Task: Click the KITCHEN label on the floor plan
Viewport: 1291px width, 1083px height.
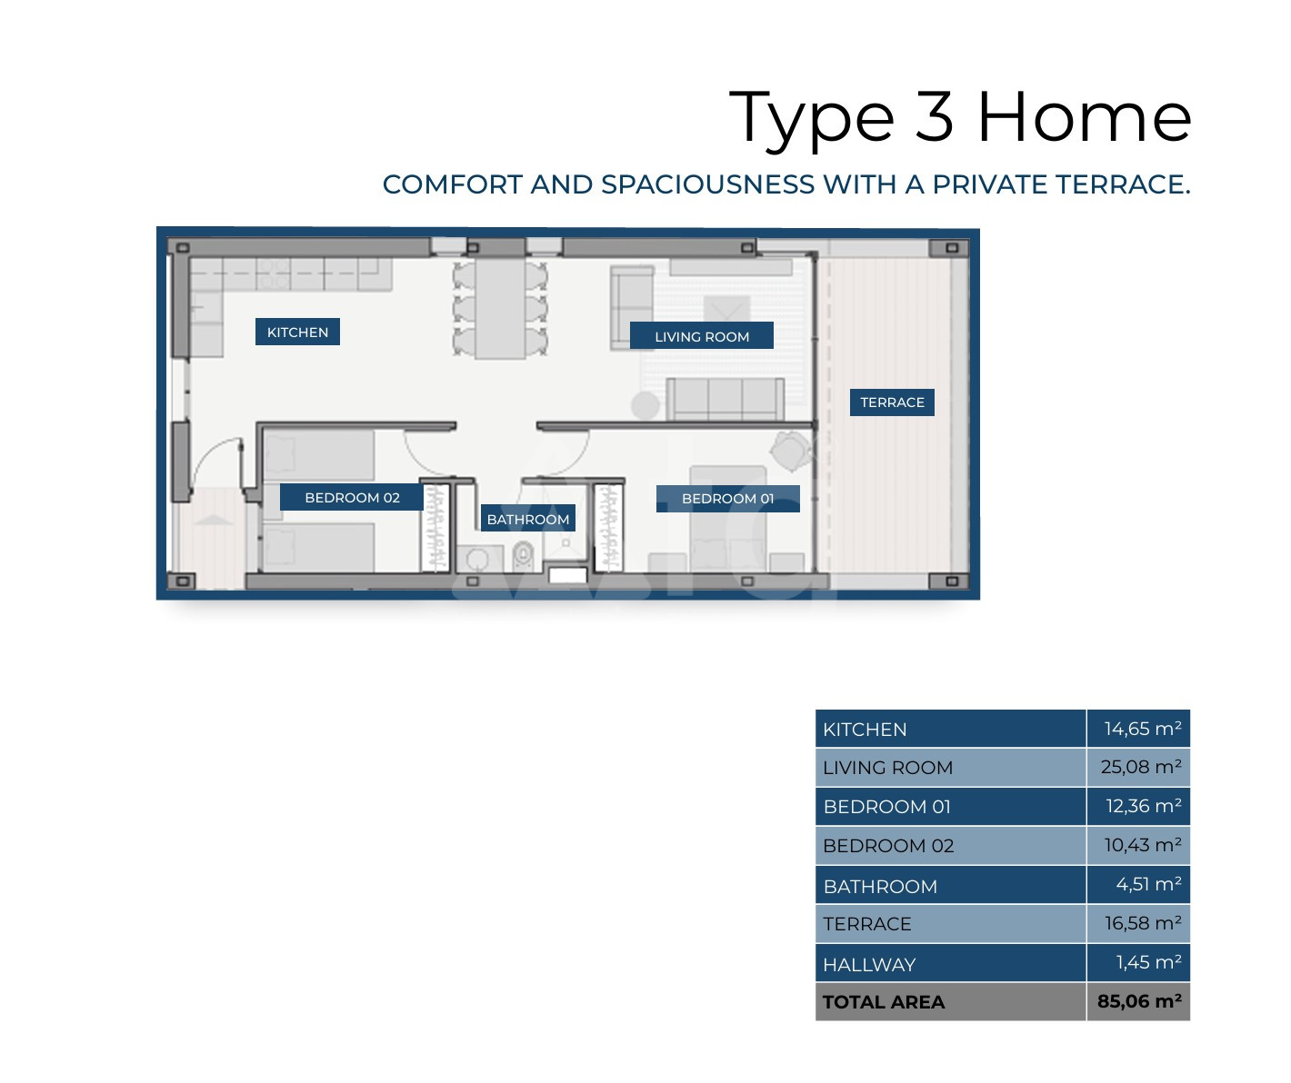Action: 297,332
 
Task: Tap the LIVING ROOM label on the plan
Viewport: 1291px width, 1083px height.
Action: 702,336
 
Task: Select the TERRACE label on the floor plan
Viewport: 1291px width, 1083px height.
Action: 892,402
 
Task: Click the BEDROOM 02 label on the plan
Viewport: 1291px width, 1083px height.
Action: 352,497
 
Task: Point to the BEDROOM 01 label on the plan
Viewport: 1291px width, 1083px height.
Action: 727,499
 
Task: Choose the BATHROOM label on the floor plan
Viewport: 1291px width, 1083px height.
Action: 528,519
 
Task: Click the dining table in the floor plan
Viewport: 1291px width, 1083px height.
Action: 500,309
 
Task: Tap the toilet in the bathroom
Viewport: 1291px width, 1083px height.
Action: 523,556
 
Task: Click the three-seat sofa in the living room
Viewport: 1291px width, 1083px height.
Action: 725,400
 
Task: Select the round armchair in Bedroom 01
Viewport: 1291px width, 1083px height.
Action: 790,451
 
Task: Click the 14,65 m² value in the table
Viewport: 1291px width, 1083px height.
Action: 1143,729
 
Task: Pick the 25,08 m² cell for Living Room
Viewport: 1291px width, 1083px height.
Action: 1141,767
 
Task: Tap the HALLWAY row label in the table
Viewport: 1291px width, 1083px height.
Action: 869,964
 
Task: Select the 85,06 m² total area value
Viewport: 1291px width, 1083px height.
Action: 1139,1001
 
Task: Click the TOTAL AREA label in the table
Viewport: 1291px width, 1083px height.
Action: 884,1001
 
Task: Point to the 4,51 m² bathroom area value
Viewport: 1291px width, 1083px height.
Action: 1148,884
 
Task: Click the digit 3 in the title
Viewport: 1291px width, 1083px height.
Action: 934,116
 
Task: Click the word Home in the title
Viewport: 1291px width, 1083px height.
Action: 1086,116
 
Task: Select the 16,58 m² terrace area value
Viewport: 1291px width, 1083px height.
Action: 1143,923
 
